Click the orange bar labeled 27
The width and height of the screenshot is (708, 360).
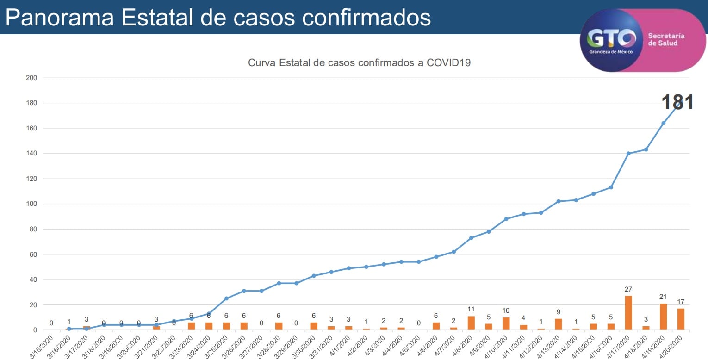628,313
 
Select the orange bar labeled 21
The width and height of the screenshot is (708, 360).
663,317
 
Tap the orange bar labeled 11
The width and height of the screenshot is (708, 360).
471,323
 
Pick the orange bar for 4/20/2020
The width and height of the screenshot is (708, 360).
681,319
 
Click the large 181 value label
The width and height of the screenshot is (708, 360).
677,102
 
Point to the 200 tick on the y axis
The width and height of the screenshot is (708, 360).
31,78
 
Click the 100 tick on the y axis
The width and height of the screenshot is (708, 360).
31,204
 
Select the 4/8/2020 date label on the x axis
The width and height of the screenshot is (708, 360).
463,345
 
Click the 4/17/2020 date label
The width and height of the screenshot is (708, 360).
620,345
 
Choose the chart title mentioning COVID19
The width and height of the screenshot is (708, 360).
359,62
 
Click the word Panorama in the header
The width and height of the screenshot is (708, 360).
59,17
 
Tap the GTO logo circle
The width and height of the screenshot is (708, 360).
611,41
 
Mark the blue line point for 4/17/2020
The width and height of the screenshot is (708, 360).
628,153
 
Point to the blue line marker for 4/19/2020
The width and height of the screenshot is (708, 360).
663,123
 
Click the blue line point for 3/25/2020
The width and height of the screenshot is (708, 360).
226,298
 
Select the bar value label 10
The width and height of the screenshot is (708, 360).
506,310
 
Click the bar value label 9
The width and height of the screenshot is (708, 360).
559,312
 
